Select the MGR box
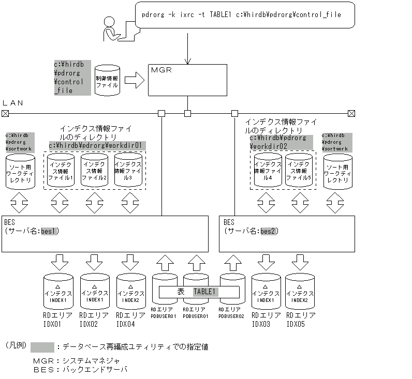187,80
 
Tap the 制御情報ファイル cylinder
107,80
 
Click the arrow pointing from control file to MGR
134,80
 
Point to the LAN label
13,103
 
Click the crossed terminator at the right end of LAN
351,113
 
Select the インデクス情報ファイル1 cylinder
61,170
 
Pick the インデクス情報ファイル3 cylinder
128,170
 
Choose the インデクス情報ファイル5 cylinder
299,170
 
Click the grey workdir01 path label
97,145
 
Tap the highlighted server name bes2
269,231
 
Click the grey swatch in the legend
42,347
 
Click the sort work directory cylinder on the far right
337,171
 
